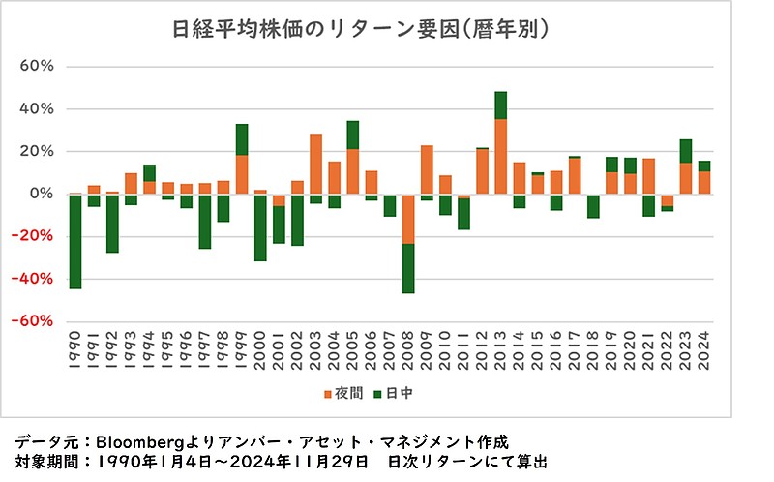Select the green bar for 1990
tap(74, 241)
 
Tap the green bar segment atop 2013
tap(501, 105)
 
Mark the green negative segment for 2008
tap(408, 268)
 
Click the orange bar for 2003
tap(315, 164)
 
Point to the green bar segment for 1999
tap(242, 139)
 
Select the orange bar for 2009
tap(427, 169)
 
